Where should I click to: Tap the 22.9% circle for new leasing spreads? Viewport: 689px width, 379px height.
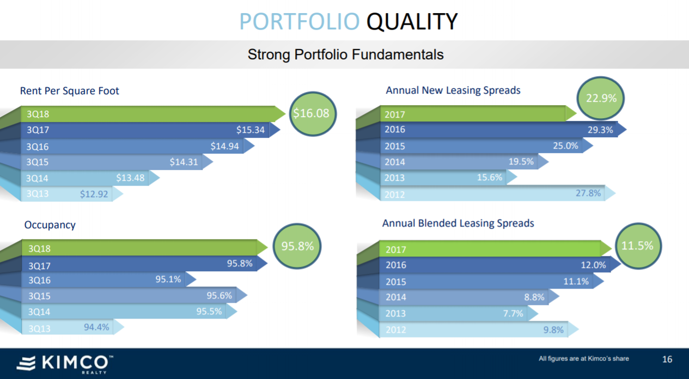[x=601, y=99]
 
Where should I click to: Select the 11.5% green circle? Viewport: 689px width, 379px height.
[x=637, y=246]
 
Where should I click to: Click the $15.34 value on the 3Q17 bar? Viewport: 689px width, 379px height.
[x=251, y=130]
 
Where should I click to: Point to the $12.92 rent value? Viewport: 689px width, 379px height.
[x=94, y=194]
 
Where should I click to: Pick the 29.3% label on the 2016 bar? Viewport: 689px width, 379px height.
[x=600, y=130]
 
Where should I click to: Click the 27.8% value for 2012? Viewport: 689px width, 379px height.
[x=588, y=193]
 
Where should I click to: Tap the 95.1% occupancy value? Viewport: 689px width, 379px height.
[x=168, y=279]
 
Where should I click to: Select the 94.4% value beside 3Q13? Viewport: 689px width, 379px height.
[x=96, y=327]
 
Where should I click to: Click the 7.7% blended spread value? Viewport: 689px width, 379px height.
[x=513, y=314]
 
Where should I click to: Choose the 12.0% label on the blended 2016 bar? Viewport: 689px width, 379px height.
[x=593, y=265]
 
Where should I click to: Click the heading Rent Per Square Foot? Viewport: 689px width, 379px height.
[x=69, y=91]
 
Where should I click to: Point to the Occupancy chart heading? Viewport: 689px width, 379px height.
[x=50, y=225]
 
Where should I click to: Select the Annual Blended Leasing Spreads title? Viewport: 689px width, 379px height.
[x=458, y=223]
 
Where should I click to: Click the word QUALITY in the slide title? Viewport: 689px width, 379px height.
[x=412, y=22]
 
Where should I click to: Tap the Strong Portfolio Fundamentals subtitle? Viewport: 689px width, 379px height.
[x=345, y=54]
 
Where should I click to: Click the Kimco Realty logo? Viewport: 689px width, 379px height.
[x=64, y=364]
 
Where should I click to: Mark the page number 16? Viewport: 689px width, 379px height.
[x=667, y=359]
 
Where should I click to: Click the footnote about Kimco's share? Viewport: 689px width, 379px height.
[x=583, y=358]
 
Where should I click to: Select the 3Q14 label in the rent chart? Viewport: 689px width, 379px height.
[x=38, y=178]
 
